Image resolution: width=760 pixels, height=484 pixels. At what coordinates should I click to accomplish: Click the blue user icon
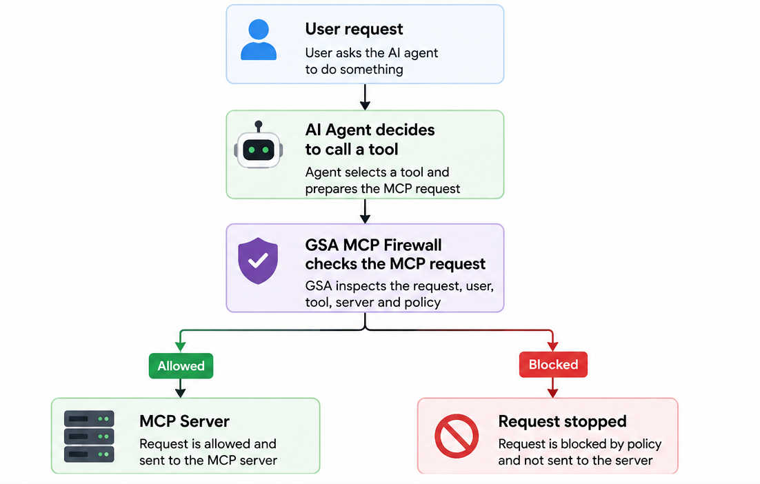[259, 40]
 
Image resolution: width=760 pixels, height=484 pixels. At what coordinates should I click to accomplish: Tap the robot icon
[259, 145]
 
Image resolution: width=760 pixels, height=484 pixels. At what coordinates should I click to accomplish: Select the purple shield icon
[258, 261]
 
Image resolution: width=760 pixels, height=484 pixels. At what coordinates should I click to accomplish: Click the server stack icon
[89, 436]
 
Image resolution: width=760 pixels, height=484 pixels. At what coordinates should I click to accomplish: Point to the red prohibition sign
[457, 436]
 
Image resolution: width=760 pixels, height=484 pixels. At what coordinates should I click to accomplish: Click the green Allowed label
[181, 366]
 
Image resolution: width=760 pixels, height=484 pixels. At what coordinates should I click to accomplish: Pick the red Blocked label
[553, 364]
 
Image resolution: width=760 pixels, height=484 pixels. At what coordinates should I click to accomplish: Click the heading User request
[354, 29]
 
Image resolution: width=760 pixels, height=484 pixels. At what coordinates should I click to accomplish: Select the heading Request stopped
[562, 421]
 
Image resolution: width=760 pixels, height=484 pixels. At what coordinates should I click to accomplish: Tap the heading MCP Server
[184, 421]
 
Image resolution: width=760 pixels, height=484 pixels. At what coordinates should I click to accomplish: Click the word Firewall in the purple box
[412, 245]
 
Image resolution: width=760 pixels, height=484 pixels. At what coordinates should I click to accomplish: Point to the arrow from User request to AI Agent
[365, 97]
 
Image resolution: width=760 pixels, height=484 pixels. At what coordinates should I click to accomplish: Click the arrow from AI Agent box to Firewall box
[365, 211]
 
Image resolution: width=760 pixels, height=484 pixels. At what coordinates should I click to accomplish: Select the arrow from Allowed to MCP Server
[180, 388]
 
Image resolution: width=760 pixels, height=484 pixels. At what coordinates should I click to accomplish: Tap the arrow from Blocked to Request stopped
[552, 387]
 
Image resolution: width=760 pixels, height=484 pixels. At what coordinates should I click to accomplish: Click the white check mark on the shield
[258, 261]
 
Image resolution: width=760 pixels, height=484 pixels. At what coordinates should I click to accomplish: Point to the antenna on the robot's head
[259, 126]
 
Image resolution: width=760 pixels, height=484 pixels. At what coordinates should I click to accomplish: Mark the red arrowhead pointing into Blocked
[552, 346]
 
